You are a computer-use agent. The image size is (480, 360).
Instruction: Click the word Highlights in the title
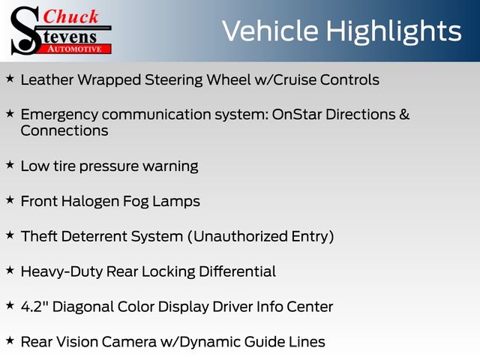click(393, 32)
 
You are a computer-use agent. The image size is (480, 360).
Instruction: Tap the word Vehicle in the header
click(270, 31)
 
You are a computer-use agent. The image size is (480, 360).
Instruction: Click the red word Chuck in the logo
click(70, 16)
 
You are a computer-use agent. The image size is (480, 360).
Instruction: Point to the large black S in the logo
click(25, 31)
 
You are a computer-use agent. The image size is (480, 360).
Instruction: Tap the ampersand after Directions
click(404, 115)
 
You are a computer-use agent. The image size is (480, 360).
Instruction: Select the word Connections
click(64, 130)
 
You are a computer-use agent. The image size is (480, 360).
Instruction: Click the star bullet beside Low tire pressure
click(10, 165)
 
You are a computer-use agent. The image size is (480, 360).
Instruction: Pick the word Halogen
click(90, 202)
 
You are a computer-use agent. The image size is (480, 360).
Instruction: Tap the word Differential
click(237, 271)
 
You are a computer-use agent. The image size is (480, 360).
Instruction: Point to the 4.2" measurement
click(34, 307)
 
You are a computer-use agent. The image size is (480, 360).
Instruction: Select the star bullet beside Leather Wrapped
click(10, 79)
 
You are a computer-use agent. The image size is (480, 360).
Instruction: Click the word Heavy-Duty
click(61, 272)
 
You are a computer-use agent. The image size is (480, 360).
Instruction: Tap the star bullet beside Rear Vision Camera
click(10, 340)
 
